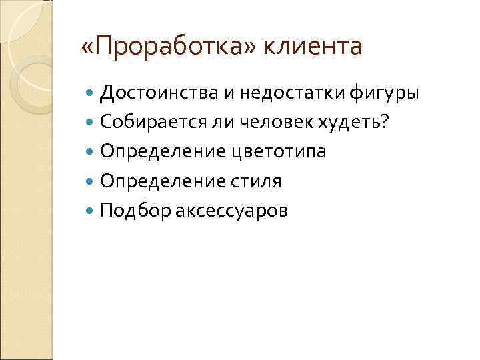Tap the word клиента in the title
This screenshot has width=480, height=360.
click(314, 47)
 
